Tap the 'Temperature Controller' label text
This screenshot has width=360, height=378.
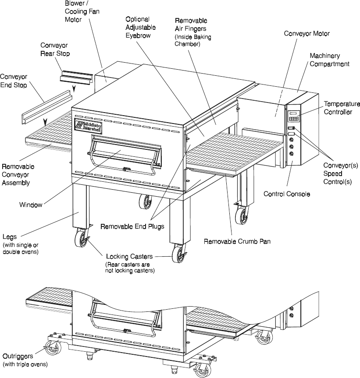pos(342,108)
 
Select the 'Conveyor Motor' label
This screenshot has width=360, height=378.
pos(307,33)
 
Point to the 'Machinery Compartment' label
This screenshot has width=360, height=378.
pos(329,60)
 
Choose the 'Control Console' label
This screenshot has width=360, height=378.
pos(287,194)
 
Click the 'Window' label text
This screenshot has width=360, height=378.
pos(31,204)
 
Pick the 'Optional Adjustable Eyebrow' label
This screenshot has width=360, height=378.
pos(138,27)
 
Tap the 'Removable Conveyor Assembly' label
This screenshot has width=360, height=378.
pos(18,175)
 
